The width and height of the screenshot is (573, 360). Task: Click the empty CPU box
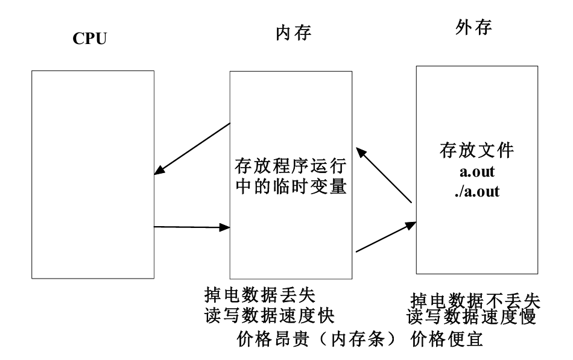[92, 175]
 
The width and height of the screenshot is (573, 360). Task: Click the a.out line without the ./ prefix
[476, 172]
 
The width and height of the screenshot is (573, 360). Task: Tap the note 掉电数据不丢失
[475, 300]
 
